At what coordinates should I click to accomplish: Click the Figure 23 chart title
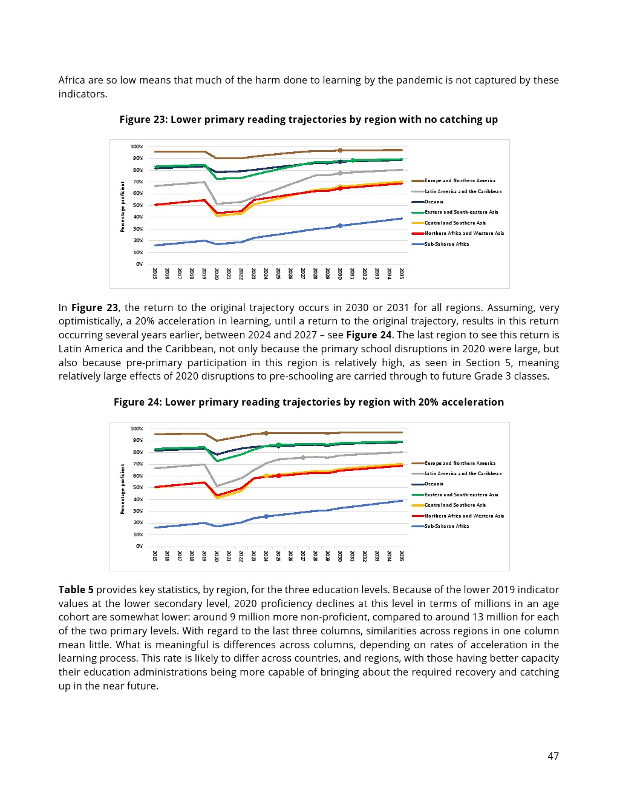(308, 119)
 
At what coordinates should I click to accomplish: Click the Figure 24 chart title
(308, 402)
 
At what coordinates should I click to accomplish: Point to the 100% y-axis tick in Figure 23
(137, 146)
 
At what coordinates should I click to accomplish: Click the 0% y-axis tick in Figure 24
(139, 546)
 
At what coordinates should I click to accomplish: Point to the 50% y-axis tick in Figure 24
(138, 487)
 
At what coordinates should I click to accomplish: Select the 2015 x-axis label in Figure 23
(155, 273)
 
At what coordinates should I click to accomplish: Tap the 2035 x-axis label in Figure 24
(402, 556)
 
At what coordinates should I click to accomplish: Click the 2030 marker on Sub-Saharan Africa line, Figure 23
(340, 226)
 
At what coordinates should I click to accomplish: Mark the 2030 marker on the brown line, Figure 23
(340, 150)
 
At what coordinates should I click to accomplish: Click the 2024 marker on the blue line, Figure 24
(266, 516)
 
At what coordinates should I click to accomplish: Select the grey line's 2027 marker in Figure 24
(303, 458)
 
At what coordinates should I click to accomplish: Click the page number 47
(553, 755)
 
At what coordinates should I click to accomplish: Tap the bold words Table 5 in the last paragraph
(76, 590)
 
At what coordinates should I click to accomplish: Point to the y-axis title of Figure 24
(122, 488)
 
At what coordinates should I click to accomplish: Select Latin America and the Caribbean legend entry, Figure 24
(463, 473)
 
